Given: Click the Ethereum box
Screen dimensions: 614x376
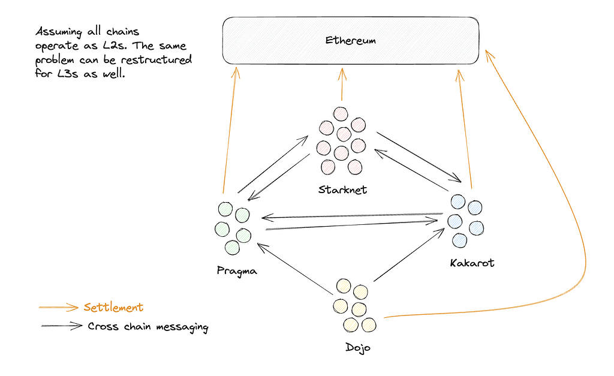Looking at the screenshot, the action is (350, 40).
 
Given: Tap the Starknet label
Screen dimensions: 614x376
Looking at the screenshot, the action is (342, 190).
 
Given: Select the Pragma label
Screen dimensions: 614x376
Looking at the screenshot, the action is (237, 271).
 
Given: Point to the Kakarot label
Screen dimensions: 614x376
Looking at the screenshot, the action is (472, 263).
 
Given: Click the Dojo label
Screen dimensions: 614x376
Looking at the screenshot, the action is (357, 348).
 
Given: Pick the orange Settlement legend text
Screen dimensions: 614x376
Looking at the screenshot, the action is (113, 308).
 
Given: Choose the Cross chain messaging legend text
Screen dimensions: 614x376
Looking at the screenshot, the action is (148, 327).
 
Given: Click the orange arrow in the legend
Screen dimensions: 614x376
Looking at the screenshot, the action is (59, 308).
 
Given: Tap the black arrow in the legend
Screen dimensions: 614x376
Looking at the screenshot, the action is (62, 326).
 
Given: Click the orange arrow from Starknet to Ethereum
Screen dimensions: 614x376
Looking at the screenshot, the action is (342, 84).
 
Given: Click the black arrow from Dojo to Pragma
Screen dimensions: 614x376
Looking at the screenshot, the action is (294, 269).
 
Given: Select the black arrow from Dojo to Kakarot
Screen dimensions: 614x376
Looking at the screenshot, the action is (409, 255).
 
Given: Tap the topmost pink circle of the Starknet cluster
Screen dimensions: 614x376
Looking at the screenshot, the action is (341, 114).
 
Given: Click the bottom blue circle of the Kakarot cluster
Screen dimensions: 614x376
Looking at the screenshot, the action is (459, 240).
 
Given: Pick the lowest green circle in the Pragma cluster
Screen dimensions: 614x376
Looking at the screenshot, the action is (232, 248).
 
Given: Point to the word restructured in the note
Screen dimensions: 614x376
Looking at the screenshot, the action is (156, 60).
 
